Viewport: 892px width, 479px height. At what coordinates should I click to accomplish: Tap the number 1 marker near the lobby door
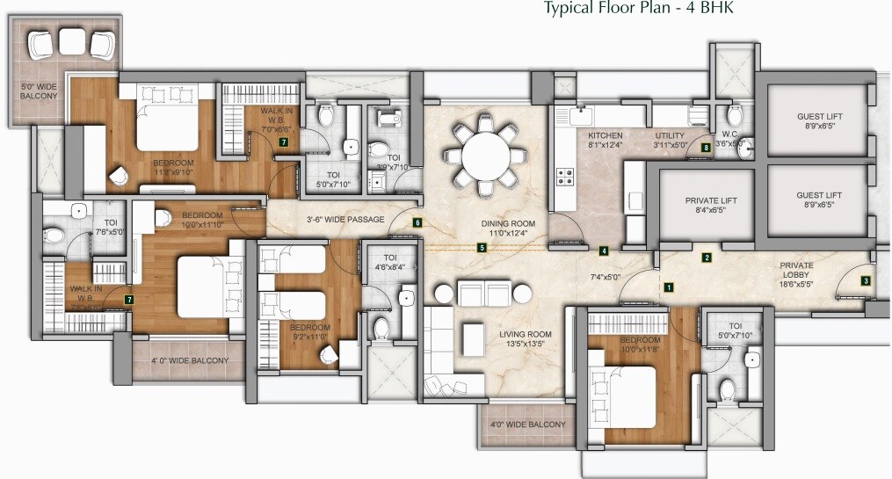(x=668, y=287)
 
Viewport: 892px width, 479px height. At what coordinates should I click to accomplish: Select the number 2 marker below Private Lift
(x=706, y=258)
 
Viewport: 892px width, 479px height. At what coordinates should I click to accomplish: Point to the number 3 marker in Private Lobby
(x=866, y=281)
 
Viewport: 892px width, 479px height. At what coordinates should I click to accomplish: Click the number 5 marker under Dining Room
(x=482, y=248)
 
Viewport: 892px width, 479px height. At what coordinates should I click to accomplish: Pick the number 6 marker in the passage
(x=417, y=223)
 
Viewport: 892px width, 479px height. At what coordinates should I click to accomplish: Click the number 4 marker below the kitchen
(x=604, y=251)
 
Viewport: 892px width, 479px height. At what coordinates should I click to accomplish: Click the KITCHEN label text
(x=606, y=136)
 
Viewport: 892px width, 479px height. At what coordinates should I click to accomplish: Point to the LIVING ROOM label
(x=526, y=334)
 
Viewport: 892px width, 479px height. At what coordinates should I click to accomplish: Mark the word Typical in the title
(x=568, y=10)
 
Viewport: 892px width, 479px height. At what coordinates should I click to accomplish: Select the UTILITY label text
(x=670, y=136)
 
